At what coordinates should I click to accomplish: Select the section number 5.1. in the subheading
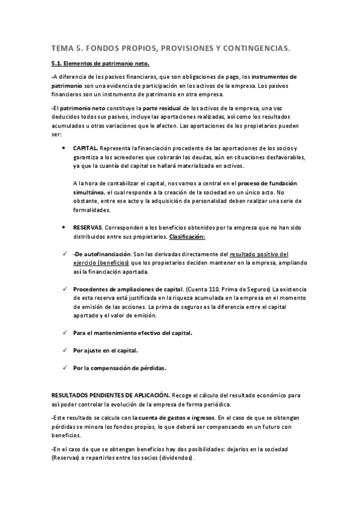[x=58, y=64]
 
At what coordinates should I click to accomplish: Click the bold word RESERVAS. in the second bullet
[x=88, y=229]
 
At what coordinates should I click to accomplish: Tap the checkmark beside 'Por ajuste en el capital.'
[x=64, y=349]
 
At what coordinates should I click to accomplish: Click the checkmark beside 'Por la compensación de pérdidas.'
[x=64, y=367]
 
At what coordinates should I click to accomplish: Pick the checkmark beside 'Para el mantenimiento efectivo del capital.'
[x=64, y=332]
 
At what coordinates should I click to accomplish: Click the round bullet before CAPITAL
[x=64, y=148]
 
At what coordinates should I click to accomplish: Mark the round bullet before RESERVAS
[x=64, y=229]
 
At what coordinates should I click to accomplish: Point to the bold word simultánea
[x=88, y=191]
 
